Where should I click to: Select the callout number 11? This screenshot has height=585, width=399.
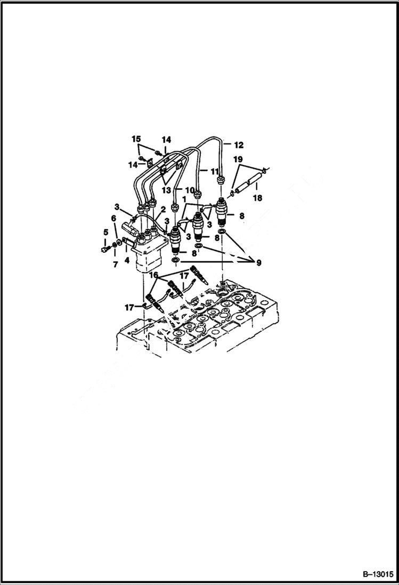215,171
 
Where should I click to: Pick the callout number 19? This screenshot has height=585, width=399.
237,159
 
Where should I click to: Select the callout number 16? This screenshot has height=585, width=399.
153,275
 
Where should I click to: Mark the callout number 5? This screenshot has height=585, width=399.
105,232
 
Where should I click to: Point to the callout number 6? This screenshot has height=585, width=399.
113,218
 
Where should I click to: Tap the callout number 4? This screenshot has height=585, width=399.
127,261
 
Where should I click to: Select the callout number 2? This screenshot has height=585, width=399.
156,211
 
